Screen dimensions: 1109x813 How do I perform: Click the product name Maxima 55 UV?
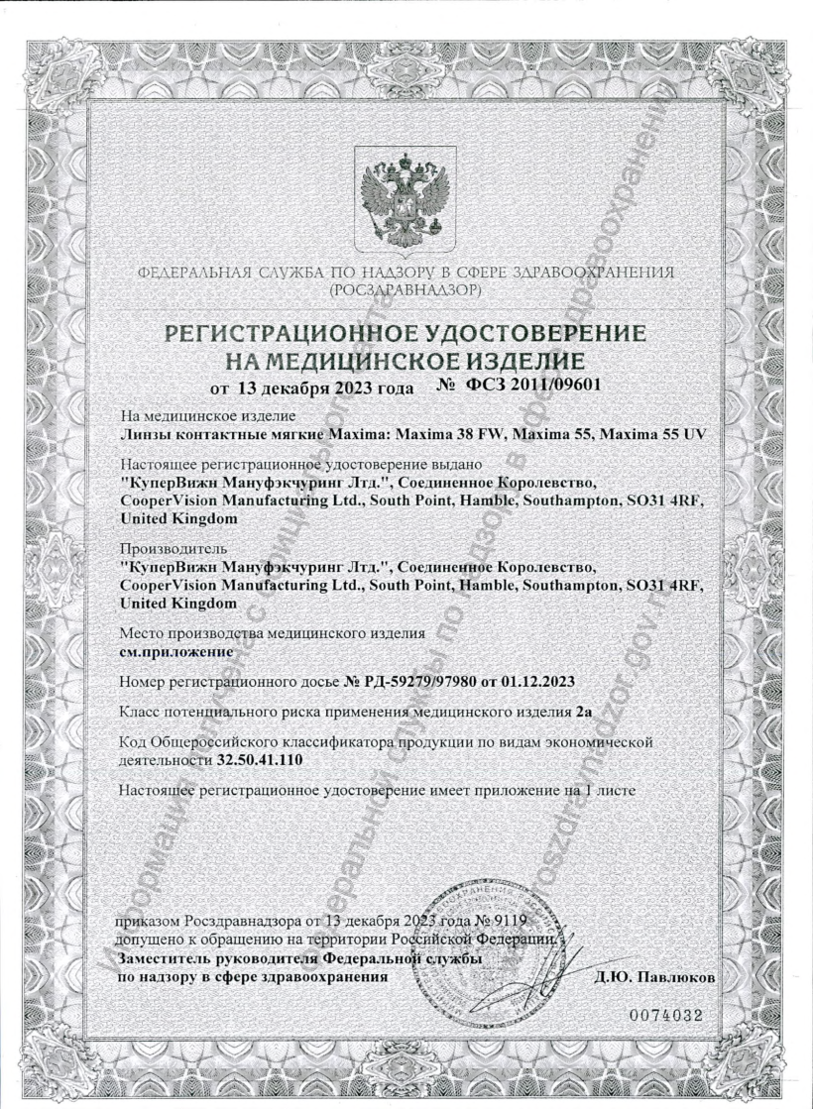[x=660, y=433]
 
